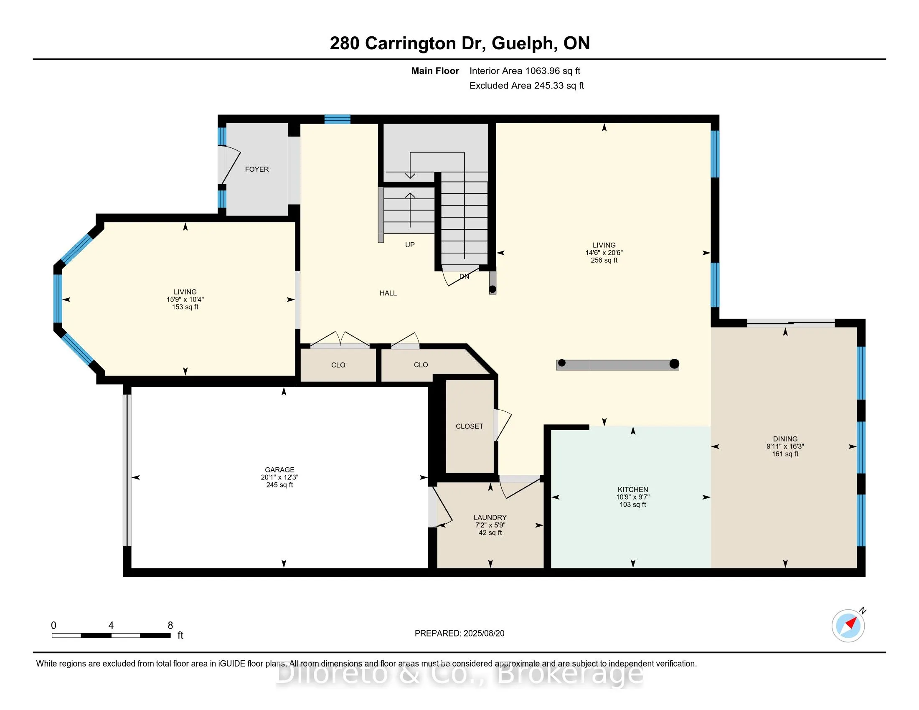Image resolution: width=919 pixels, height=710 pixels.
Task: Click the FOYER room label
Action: pyautogui.click(x=256, y=169)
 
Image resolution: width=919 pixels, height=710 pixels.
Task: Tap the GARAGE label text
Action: pyautogui.click(x=279, y=469)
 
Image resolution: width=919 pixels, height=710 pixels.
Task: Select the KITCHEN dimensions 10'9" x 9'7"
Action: pyautogui.click(x=632, y=497)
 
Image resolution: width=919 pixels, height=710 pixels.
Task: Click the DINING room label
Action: pyautogui.click(x=785, y=439)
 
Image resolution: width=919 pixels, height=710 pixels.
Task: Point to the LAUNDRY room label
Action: pyautogui.click(x=490, y=517)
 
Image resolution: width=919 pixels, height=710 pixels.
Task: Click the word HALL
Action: pyautogui.click(x=388, y=293)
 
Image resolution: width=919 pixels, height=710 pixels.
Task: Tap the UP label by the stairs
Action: pyautogui.click(x=409, y=245)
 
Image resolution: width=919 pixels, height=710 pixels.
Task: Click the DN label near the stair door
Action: pyautogui.click(x=464, y=277)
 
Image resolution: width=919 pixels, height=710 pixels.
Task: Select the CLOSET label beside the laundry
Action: pyautogui.click(x=469, y=426)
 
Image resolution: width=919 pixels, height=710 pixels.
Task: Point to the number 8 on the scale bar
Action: pyautogui.click(x=170, y=625)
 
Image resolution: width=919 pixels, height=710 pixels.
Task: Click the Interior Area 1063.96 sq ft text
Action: pyautogui.click(x=524, y=71)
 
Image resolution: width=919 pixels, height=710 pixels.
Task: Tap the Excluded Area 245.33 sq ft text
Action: pyautogui.click(x=526, y=85)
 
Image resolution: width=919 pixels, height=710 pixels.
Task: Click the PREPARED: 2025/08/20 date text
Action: pyautogui.click(x=459, y=634)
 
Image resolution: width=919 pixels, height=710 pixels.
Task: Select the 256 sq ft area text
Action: pyautogui.click(x=604, y=260)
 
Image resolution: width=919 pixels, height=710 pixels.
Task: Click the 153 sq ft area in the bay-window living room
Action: pyautogui.click(x=185, y=307)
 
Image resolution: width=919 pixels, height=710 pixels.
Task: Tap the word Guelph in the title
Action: pyautogui.click(x=522, y=43)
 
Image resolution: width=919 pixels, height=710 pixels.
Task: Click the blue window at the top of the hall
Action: pyautogui.click(x=337, y=119)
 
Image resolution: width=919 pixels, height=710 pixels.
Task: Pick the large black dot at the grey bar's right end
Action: pyautogui.click(x=674, y=364)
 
